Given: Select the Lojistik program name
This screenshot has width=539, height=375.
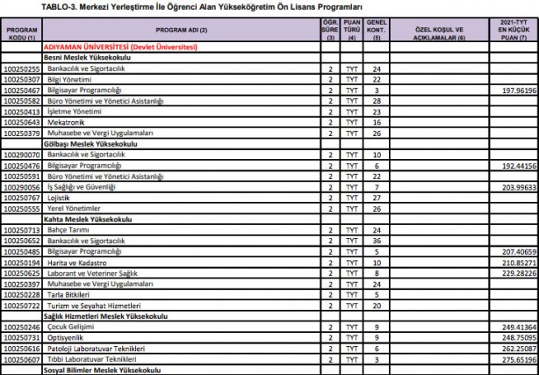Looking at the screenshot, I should [59, 198].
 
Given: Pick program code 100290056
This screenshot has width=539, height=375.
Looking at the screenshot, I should [22, 188].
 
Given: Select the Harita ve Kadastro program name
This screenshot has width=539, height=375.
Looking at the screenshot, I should [77, 263].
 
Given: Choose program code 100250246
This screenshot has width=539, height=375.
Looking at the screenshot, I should [22, 326].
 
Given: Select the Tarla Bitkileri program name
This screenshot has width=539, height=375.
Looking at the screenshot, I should [71, 294].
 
